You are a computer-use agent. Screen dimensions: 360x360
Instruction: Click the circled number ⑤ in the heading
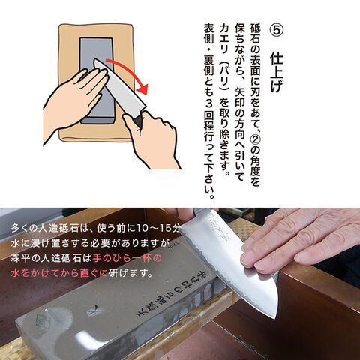click(276, 30)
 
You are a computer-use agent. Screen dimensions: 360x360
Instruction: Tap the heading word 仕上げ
click(276, 72)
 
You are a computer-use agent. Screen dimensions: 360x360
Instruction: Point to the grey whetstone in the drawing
click(97, 80)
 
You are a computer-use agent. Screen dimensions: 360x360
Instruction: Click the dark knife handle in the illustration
click(138, 121)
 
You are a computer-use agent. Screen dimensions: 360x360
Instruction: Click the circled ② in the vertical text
click(256, 138)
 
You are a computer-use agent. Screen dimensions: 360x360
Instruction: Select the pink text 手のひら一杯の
click(127, 258)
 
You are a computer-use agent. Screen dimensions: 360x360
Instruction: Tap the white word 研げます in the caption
click(130, 273)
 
